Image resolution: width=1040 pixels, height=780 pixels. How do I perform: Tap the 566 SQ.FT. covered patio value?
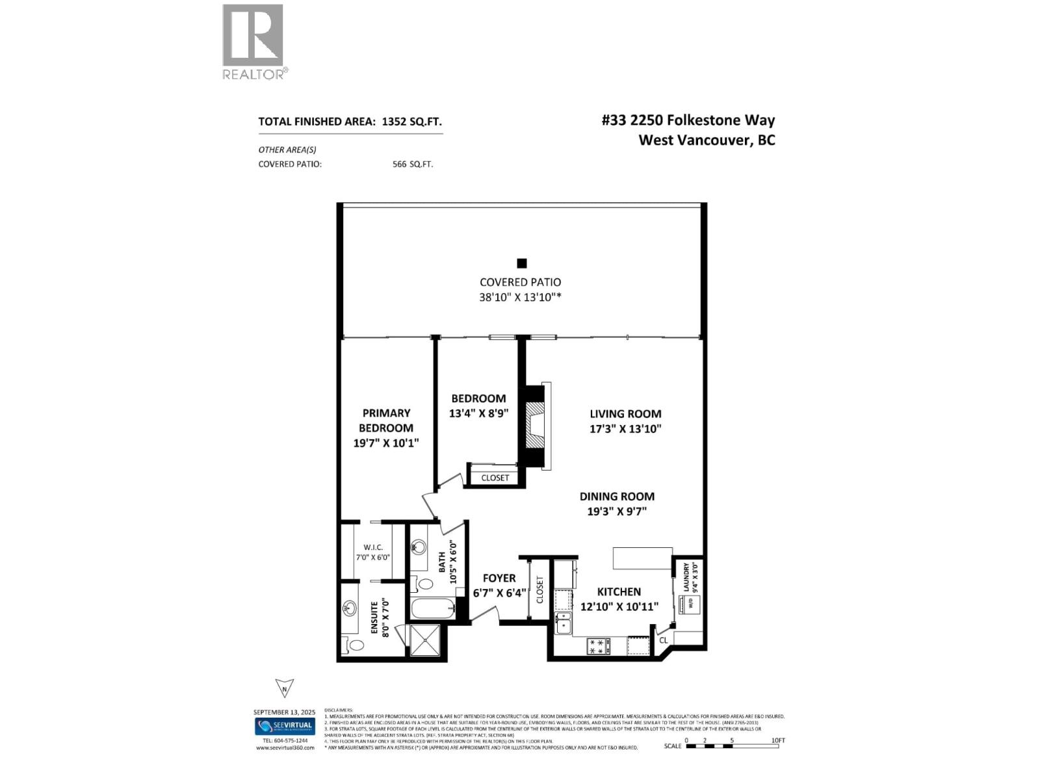413,164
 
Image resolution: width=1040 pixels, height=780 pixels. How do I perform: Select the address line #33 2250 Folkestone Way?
688,120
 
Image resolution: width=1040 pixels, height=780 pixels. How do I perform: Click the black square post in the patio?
521,263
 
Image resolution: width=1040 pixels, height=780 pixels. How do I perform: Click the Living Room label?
625,413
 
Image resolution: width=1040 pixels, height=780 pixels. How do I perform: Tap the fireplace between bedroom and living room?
535,426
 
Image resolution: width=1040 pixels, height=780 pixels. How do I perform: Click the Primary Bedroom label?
386,420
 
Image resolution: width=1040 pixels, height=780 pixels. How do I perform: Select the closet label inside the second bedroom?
495,478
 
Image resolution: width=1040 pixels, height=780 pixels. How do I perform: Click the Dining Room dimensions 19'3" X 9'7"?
616,511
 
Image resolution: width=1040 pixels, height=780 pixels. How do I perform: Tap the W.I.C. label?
373,547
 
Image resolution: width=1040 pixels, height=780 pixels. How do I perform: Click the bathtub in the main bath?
432,610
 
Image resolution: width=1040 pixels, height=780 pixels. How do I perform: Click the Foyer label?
499,578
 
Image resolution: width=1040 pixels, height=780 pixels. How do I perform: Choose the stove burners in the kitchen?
599,645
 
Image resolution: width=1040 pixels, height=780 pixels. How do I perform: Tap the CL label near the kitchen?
664,640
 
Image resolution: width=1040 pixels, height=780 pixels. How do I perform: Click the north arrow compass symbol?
284,688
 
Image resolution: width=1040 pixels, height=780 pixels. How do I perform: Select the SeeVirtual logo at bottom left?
284,726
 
